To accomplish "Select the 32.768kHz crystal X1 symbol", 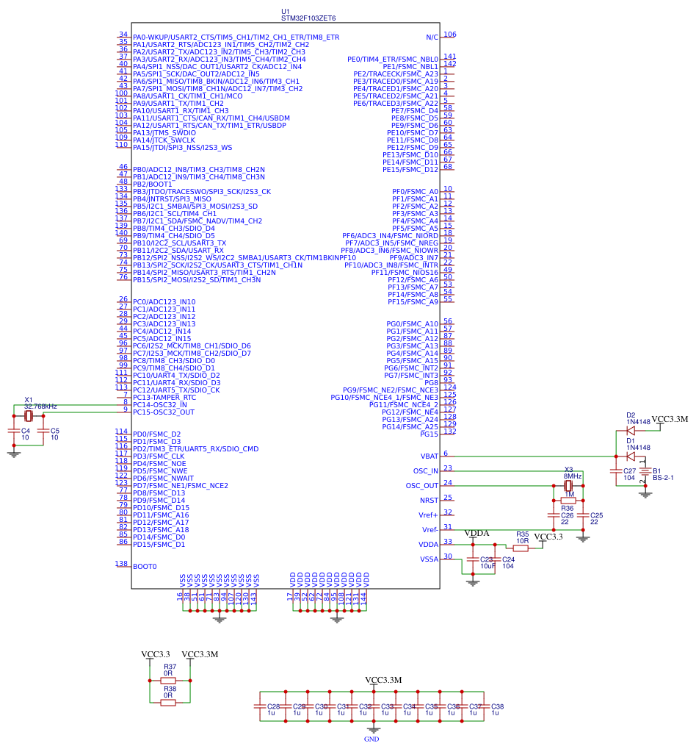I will click(29, 416).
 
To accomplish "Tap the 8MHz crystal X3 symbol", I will click(568, 486).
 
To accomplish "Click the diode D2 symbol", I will click(631, 431).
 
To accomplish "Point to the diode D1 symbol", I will click(631, 456).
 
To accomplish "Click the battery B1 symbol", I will click(645, 471).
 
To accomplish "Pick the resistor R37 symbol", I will click(169, 681).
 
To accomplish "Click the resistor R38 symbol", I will click(169, 702).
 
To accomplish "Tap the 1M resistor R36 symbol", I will click(568, 500).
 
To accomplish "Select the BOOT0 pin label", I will click(145, 567).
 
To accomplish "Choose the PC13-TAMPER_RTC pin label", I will click(164, 398).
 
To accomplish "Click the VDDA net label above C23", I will click(477, 532).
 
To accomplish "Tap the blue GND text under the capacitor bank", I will click(371, 739).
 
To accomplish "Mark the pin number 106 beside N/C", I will click(449, 35).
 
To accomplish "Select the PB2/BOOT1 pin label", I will click(152, 185).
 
